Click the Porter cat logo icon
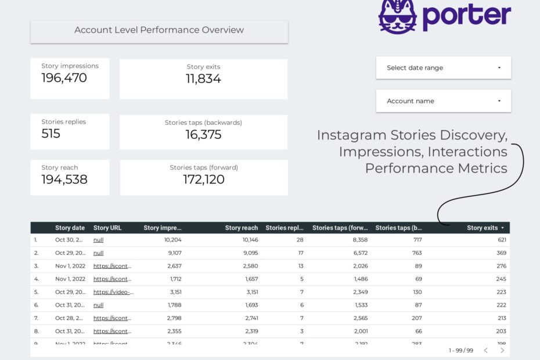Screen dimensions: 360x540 [398, 15]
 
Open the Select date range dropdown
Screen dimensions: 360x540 [444, 67]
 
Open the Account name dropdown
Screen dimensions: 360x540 [444, 101]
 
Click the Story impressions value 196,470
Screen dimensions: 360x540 [64, 78]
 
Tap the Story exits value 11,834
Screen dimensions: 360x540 [203, 79]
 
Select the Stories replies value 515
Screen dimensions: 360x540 [51, 134]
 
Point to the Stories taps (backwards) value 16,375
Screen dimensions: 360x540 [203, 135]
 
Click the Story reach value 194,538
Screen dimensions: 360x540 [64, 179]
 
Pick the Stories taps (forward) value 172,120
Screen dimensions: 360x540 [204, 179]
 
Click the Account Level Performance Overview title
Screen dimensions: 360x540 [159, 30]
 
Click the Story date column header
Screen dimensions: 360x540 [70, 228]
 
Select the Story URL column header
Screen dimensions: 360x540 [107, 228]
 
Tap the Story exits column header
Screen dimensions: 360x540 [482, 228]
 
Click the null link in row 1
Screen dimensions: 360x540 [98, 239]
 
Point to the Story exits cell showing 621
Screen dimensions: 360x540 [502, 239]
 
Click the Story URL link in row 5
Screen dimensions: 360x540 [113, 292]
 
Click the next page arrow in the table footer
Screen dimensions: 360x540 [502, 350]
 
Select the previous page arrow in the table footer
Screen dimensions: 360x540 [486, 350]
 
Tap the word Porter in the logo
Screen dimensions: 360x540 [466, 16]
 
